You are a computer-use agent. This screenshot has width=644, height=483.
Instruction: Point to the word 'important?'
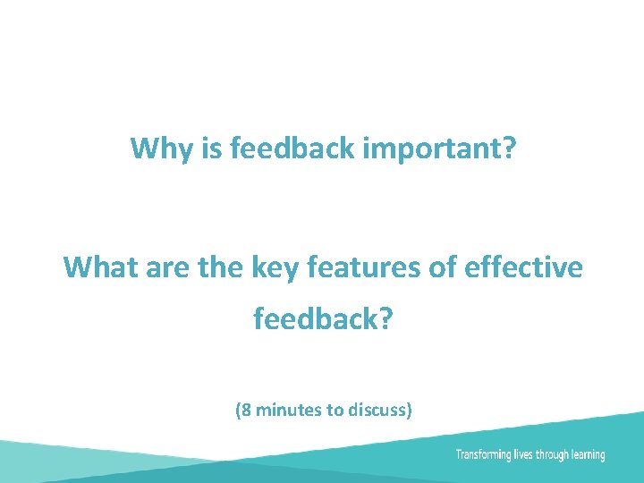click(440, 149)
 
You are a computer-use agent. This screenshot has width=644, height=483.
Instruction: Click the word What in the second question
click(96, 267)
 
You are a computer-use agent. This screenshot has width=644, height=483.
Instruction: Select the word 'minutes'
click(288, 411)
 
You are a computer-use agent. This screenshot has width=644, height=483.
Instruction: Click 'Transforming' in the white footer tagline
click(483, 455)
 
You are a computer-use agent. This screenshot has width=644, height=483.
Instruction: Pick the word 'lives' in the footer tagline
click(523, 454)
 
